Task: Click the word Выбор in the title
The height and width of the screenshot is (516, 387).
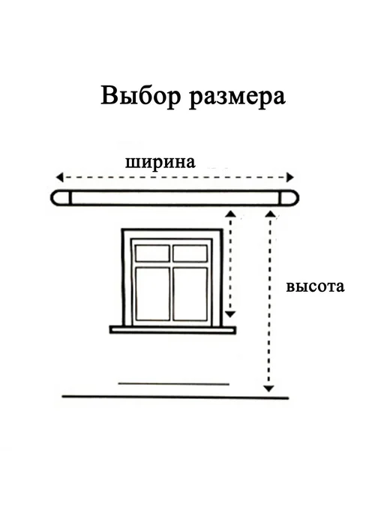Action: pyautogui.click(x=141, y=96)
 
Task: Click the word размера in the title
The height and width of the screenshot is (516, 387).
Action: pyautogui.click(x=238, y=97)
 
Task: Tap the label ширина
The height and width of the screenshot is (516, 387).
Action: pyautogui.click(x=160, y=163)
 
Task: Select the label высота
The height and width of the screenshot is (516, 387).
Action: pyautogui.click(x=315, y=286)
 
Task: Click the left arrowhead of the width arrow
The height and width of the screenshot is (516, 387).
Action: pyautogui.click(x=59, y=177)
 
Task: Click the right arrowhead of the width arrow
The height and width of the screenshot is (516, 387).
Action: pyautogui.click(x=290, y=177)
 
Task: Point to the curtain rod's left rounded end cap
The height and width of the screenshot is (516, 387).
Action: pyautogui.click(x=61, y=198)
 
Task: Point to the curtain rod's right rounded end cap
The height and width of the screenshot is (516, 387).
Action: pyautogui.click(x=289, y=198)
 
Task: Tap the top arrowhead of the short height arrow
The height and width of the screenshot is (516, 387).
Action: pyautogui.click(x=231, y=214)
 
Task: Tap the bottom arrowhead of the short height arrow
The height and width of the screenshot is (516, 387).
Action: pyautogui.click(x=230, y=314)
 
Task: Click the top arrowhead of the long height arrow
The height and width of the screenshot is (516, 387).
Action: pyautogui.click(x=270, y=214)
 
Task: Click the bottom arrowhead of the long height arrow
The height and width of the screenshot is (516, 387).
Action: pyautogui.click(x=269, y=388)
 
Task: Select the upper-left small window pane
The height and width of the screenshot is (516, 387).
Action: pyautogui.click(x=152, y=253)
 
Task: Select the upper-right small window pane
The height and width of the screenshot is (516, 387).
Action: pyautogui.click(x=190, y=253)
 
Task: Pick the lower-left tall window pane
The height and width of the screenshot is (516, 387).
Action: pyautogui.click(x=152, y=294)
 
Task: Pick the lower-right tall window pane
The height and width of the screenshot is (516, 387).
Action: pyautogui.click(x=190, y=294)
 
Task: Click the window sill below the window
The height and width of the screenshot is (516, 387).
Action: pyautogui.click(x=172, y=330)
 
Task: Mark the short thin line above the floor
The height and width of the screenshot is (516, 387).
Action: pyautogui.click(x=173, y=384)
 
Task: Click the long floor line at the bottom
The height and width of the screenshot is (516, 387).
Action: pyautogui.click(x=175, y=397)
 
